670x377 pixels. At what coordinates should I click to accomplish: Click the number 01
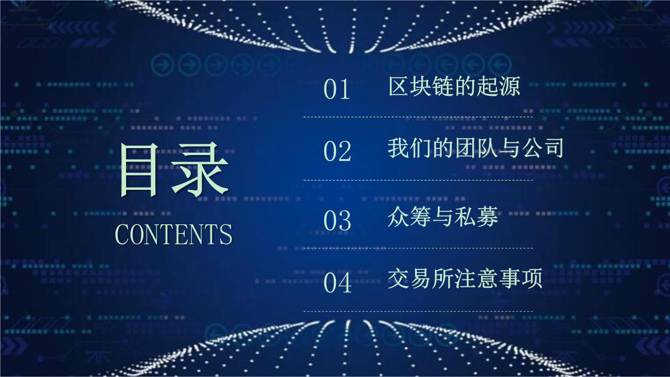pos(337,89)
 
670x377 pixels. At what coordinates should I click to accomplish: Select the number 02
pos(337,151)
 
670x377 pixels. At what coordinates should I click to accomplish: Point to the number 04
pos(338,283)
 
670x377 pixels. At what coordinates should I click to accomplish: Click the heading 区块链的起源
pos(454,86)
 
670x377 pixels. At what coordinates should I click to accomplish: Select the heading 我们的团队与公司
pos(476,148)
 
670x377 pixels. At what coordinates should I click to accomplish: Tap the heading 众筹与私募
pos(443,216)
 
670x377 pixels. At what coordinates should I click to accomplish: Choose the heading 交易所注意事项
pos(465,279)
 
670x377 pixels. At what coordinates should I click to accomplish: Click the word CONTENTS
pos(174,234)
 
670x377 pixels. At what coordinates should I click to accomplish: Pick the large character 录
pos(200,169)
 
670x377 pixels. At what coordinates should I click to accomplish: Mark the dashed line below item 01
pos(418,117)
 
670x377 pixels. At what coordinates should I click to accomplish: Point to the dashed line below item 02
pos(418,181)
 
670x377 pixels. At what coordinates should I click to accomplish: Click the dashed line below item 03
pos(418,248)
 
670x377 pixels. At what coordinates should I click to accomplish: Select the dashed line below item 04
pos(418,311)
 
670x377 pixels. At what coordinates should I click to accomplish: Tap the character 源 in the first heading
pos(509,86)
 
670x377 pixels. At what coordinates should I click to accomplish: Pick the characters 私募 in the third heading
pos(476,216)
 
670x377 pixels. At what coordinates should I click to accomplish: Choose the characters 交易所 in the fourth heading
pos(420,279)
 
